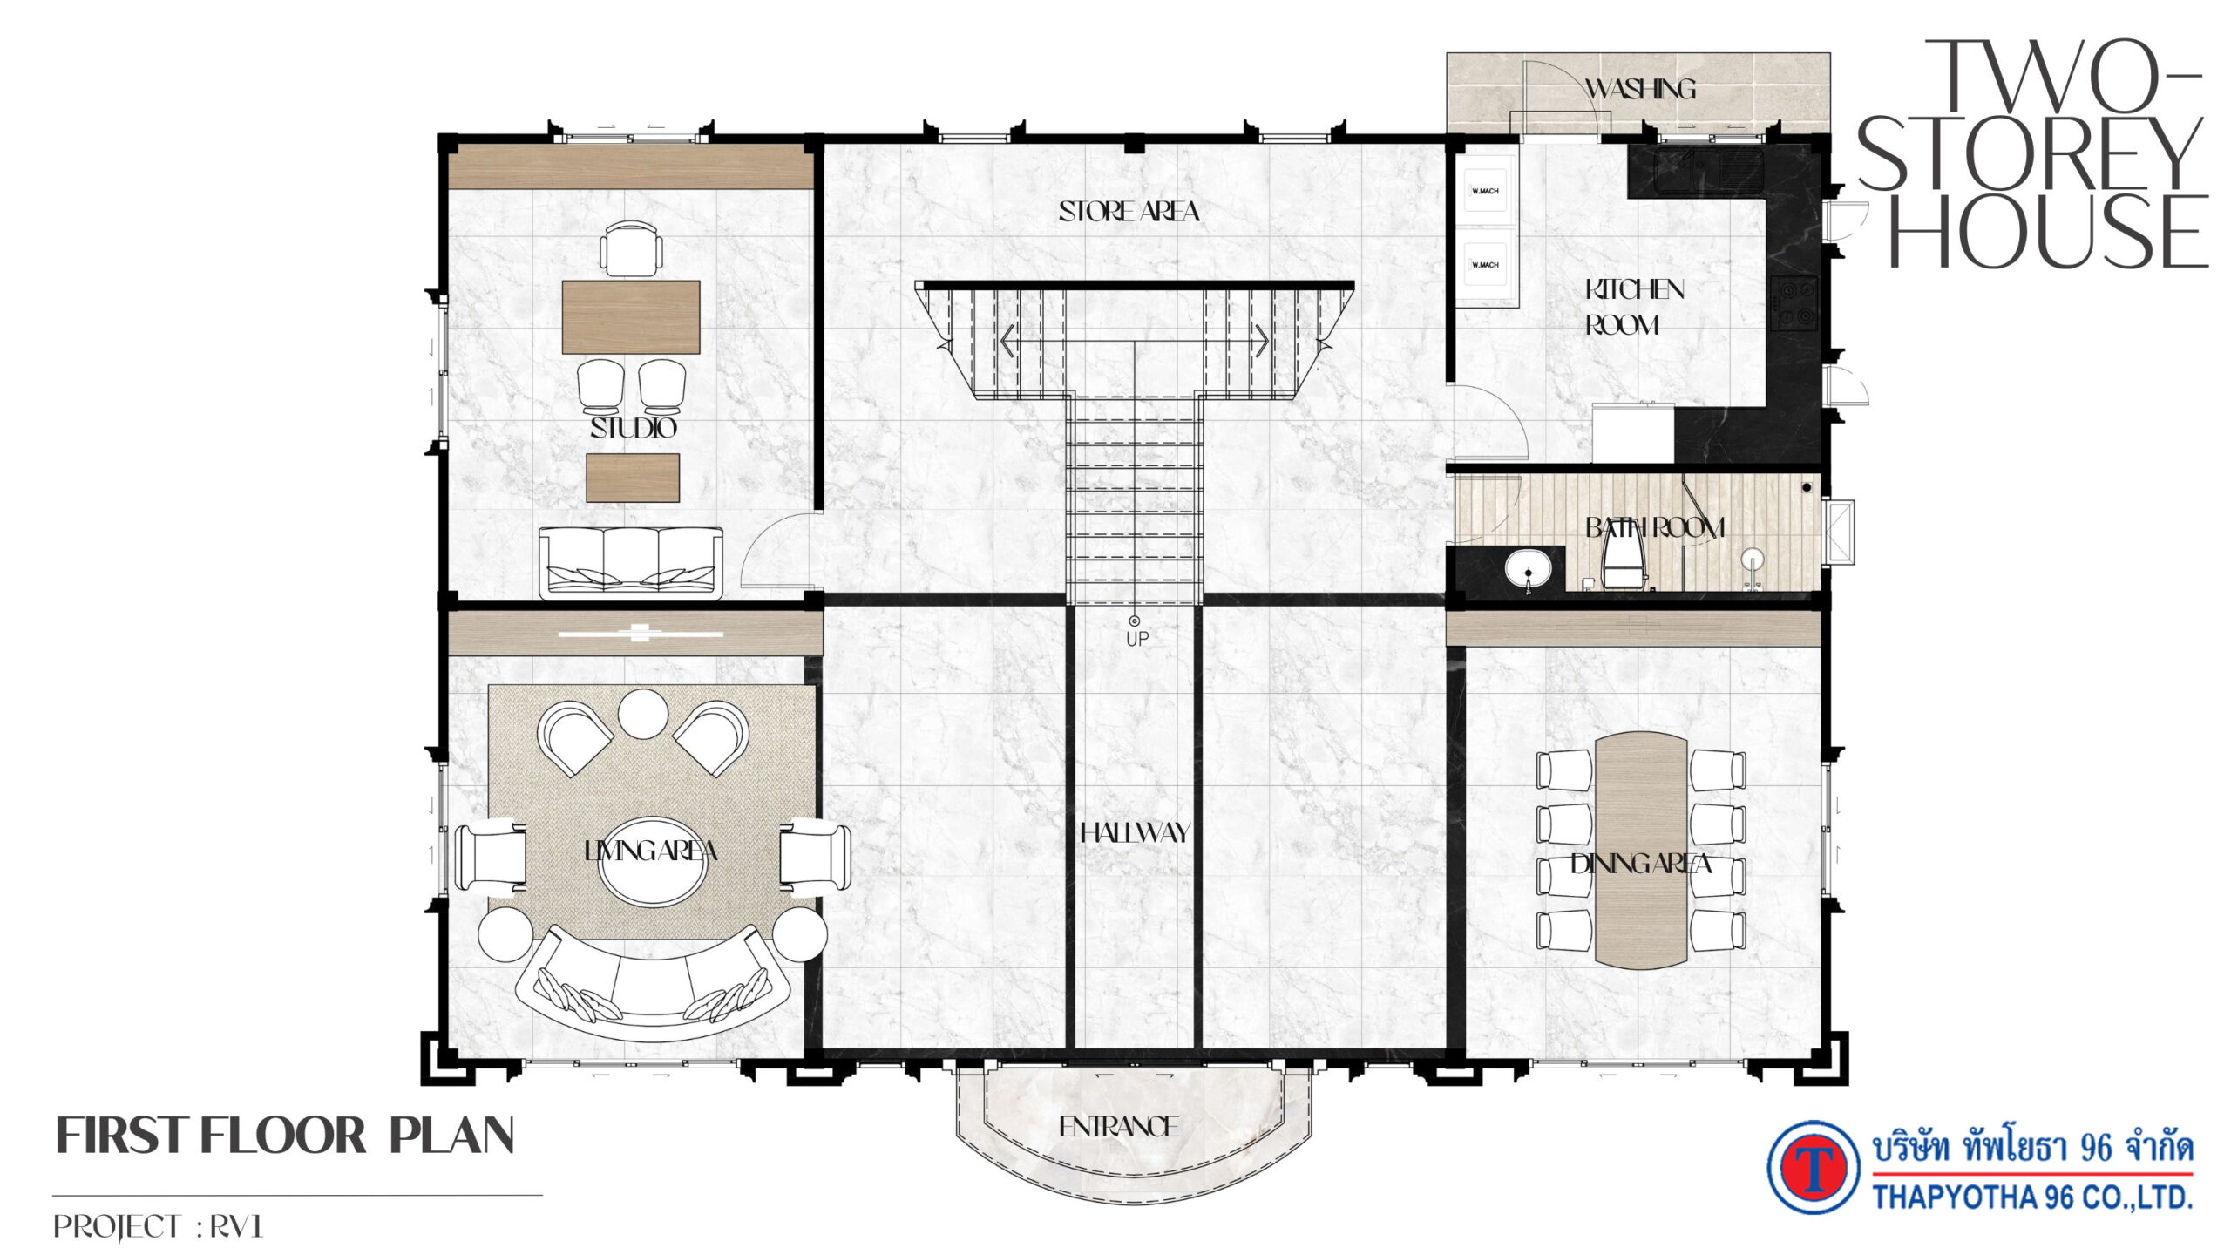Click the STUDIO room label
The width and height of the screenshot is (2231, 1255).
pos(634,428)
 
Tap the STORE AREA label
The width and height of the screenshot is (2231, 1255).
pos(1129,212)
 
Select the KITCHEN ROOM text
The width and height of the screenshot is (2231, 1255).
pos(1634,307)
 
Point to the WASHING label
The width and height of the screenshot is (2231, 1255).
pos(1640,89)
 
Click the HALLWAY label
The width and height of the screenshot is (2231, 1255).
pos(1135,833)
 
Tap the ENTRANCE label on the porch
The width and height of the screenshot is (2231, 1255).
pos(1119,1127)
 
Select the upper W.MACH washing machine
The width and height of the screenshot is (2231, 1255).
pos(1484,191)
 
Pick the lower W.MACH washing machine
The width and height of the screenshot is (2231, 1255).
pos(1484,265)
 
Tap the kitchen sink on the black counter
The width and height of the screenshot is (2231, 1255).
pos(1709,170)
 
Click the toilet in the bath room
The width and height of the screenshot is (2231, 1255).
pos(1623,559)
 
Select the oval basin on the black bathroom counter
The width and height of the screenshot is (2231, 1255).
pos(1528,569)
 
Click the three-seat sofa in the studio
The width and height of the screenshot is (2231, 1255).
pos(631,562)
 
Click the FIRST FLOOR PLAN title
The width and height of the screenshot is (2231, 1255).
pos(285,1136)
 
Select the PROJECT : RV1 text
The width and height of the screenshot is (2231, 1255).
pos(158,1227)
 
